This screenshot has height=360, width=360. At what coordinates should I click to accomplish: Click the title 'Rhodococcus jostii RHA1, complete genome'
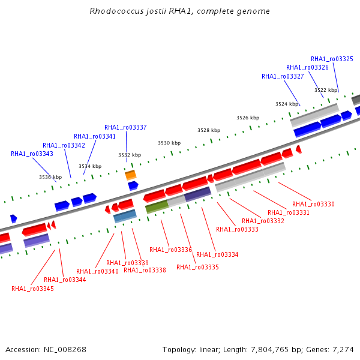(179, 11)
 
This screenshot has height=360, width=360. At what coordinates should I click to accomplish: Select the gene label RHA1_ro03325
(332, 59)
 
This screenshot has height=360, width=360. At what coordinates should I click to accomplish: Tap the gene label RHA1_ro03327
(283, 76)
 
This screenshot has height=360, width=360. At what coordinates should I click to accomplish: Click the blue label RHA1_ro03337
(125, 127)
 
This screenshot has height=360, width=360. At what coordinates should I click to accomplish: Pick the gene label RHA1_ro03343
(32, 154)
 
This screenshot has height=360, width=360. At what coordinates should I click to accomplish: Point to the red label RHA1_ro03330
(313, 204)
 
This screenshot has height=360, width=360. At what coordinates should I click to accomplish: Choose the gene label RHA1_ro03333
(237, 229)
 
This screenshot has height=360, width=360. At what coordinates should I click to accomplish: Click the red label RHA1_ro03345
(32, 289)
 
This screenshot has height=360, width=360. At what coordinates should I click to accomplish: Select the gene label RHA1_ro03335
(197, 267)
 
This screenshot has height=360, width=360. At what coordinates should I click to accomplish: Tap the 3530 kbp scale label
(169, 143)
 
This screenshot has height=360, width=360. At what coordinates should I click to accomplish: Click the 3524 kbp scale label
(287, 104)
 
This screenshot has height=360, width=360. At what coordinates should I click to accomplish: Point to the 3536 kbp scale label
(50, 177)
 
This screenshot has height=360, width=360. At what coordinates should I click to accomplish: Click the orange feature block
(131, 175)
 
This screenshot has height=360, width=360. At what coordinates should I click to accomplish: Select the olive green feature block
(157, 206)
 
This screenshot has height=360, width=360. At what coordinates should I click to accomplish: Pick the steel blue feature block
(125, 216)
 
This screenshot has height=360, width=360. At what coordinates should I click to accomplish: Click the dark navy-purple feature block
(197, 194)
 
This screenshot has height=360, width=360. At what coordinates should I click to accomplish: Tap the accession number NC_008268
(65, 349)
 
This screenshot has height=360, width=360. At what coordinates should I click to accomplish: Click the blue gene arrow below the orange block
(133, 186)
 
